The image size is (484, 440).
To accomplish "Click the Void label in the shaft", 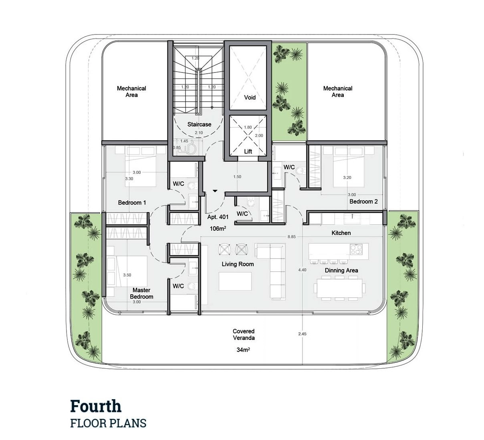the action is (x=250, y=97).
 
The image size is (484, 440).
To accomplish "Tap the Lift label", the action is (x=248, y=151).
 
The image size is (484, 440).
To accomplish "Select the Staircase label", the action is (x=199, y=125).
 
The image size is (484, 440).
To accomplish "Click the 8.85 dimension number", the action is (x=291, y=237).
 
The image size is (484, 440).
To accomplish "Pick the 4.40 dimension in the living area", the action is (x=302, y=270).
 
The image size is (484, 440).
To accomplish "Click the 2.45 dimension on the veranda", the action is (x=302, y=334).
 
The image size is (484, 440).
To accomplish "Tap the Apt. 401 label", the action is (x=218, y=217).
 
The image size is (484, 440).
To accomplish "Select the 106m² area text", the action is (x=218, y=228).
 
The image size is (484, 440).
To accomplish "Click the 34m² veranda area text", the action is (x=243, y=350).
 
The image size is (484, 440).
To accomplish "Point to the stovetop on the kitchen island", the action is (x=356, y=249).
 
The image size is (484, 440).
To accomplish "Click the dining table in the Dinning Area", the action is (x=339, y=288).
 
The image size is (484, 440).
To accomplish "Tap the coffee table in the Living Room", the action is (x=235, y=281).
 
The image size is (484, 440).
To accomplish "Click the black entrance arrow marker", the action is (x=215, y=191).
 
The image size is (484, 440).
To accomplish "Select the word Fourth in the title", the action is (x=96, y=406).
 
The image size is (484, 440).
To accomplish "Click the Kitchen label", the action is (x=341, y=233).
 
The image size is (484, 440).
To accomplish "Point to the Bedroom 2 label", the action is (x=363, y=201).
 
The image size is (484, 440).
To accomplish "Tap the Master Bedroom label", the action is (x=141, y=293).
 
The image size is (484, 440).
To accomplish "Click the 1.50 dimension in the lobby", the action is (x=237, y=177).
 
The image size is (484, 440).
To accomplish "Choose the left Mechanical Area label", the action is (x=131, y=92).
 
